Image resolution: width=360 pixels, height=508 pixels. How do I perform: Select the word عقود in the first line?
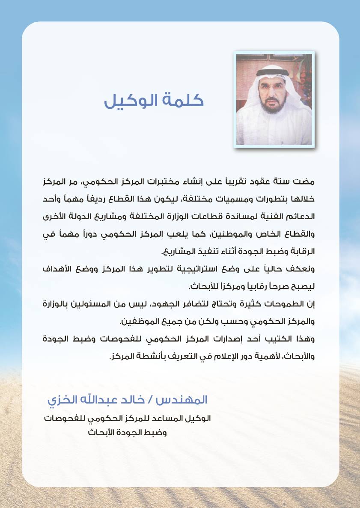262,181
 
